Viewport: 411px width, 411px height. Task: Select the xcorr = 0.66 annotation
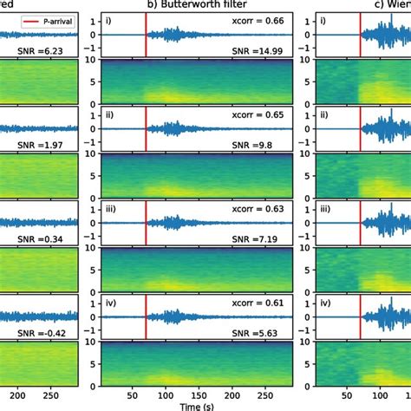(x=262, y=19)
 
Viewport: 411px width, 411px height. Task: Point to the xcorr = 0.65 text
(x=262, y=114)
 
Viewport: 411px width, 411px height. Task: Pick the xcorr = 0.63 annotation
(x=262, y=208)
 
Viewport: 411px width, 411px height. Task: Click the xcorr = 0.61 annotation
(x=262, y=303)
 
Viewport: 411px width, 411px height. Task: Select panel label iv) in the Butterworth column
(x=114, y=303)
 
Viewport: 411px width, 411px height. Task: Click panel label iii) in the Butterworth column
(x=114, y=208)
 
